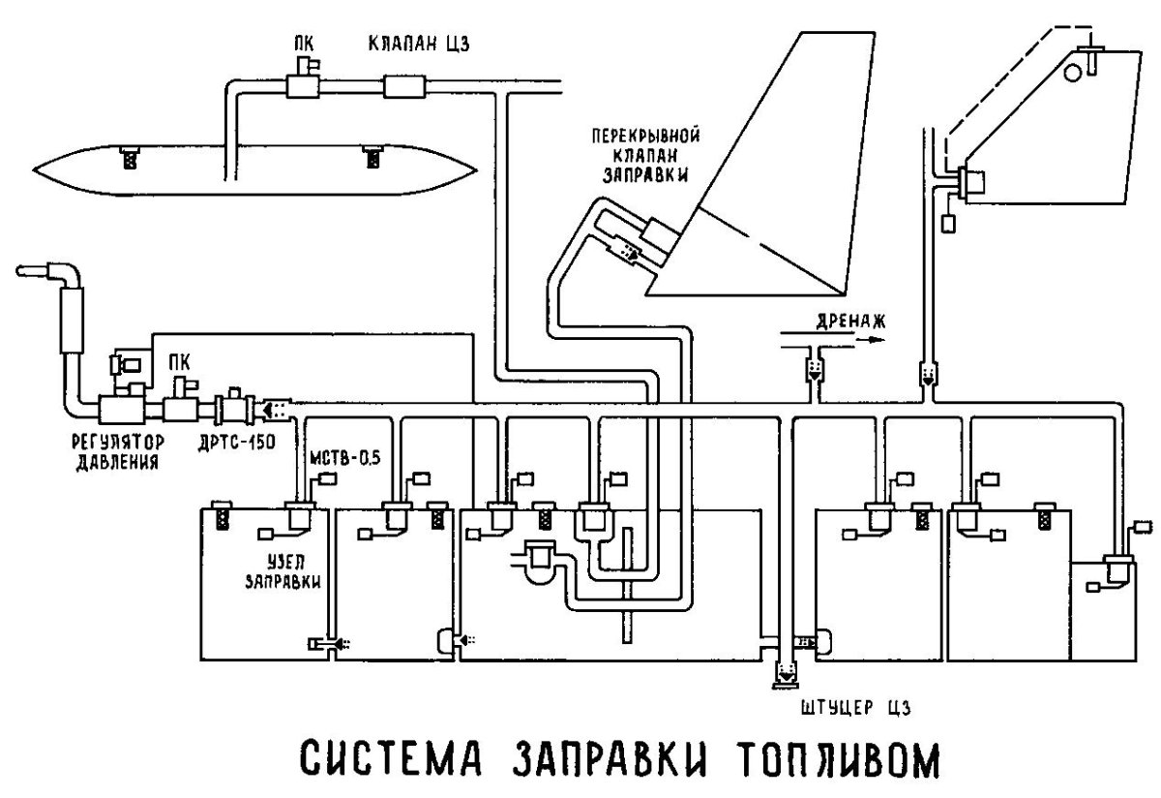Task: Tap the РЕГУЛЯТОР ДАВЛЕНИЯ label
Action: tap(116, 449)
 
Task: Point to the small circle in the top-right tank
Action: tap(1072, 72)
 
